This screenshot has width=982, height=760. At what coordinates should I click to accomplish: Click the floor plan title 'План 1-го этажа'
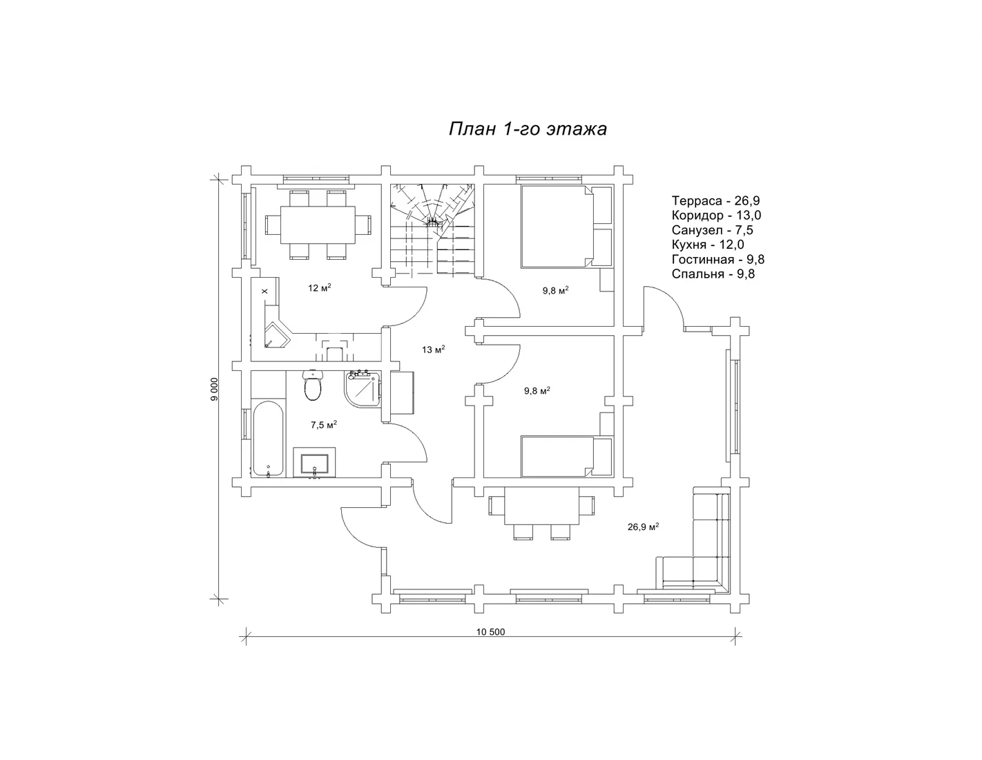pos(528,129)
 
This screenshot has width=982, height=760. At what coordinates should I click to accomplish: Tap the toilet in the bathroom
pos(312,386)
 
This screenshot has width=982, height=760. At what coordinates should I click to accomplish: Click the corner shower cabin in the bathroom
pos(363,388)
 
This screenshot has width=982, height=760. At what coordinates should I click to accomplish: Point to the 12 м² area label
pos(320,288)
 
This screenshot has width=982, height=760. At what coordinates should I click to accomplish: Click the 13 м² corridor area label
pos(434,350)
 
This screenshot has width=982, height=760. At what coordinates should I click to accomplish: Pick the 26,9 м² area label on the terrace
pos(643,526)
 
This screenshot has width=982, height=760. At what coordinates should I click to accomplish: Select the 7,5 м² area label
pos(324,425)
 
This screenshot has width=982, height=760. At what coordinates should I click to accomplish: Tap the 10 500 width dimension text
pos(490,632)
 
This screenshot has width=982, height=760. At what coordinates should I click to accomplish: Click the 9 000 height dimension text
pos(214,389)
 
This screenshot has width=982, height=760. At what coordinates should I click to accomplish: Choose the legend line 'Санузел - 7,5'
pos(712,230)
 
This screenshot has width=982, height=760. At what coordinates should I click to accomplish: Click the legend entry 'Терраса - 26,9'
pos(716,201)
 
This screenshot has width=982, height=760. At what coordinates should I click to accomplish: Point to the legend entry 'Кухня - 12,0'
pos(708,245)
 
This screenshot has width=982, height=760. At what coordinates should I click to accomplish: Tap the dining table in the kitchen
pos(318,225)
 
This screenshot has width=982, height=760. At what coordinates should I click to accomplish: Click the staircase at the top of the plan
pos(432,229)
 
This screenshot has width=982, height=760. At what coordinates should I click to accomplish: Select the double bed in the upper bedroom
pos(566,227)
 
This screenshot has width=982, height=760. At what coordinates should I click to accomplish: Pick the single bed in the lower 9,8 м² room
pos(566,456)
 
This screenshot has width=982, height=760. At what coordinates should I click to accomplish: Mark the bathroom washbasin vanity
pos(314,462)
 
